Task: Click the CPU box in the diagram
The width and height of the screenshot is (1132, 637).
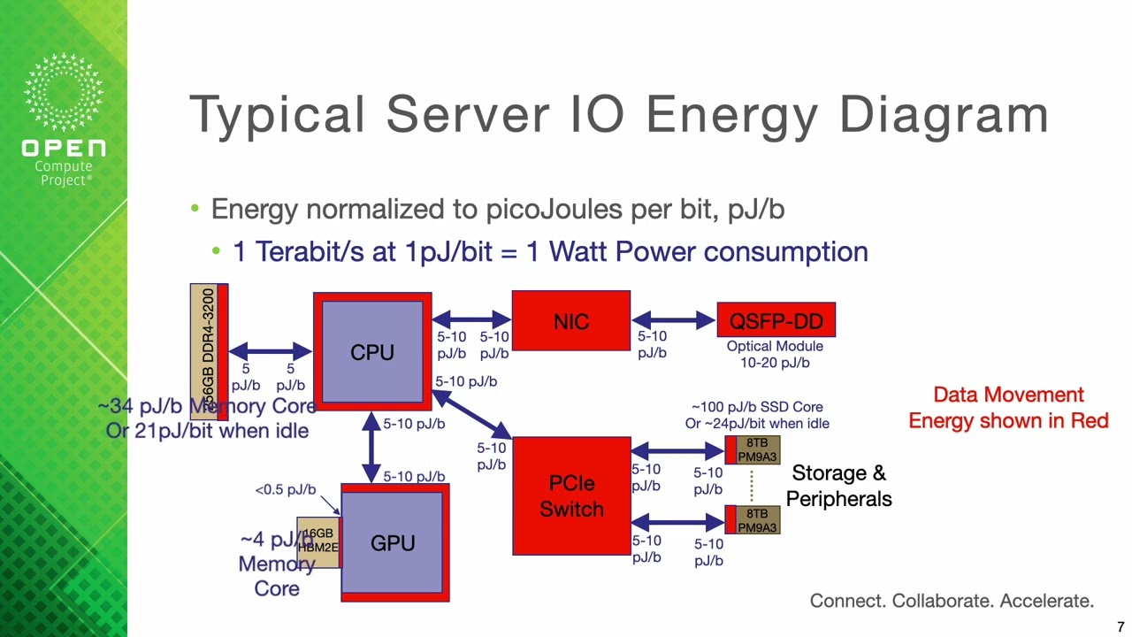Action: [372, 352]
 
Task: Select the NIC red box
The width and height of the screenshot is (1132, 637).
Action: [570, 320]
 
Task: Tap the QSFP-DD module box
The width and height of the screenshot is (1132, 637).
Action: [776, 320]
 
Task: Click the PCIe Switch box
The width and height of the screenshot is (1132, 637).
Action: [571, 496]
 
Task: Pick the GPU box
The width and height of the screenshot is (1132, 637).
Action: [393, 542]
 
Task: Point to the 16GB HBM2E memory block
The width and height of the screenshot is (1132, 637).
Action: [317, 541]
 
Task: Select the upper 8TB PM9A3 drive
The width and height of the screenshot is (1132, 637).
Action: [756, 449]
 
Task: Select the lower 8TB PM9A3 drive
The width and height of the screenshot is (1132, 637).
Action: [756, 520]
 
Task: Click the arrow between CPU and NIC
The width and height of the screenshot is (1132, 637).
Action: [471, 319]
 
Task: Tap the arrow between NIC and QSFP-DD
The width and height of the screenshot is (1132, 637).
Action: [673, 319]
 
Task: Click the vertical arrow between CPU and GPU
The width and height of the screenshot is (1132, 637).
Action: [371, 448]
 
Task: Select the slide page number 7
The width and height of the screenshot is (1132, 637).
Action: [1121, 627]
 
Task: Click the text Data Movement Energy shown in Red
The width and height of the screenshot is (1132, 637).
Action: [1008, 408]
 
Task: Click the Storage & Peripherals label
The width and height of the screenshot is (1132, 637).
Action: [838, 486]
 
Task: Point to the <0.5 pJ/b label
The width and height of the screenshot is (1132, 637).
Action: [285, 489]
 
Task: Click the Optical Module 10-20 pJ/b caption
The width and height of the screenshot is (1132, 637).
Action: [775, 354]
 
